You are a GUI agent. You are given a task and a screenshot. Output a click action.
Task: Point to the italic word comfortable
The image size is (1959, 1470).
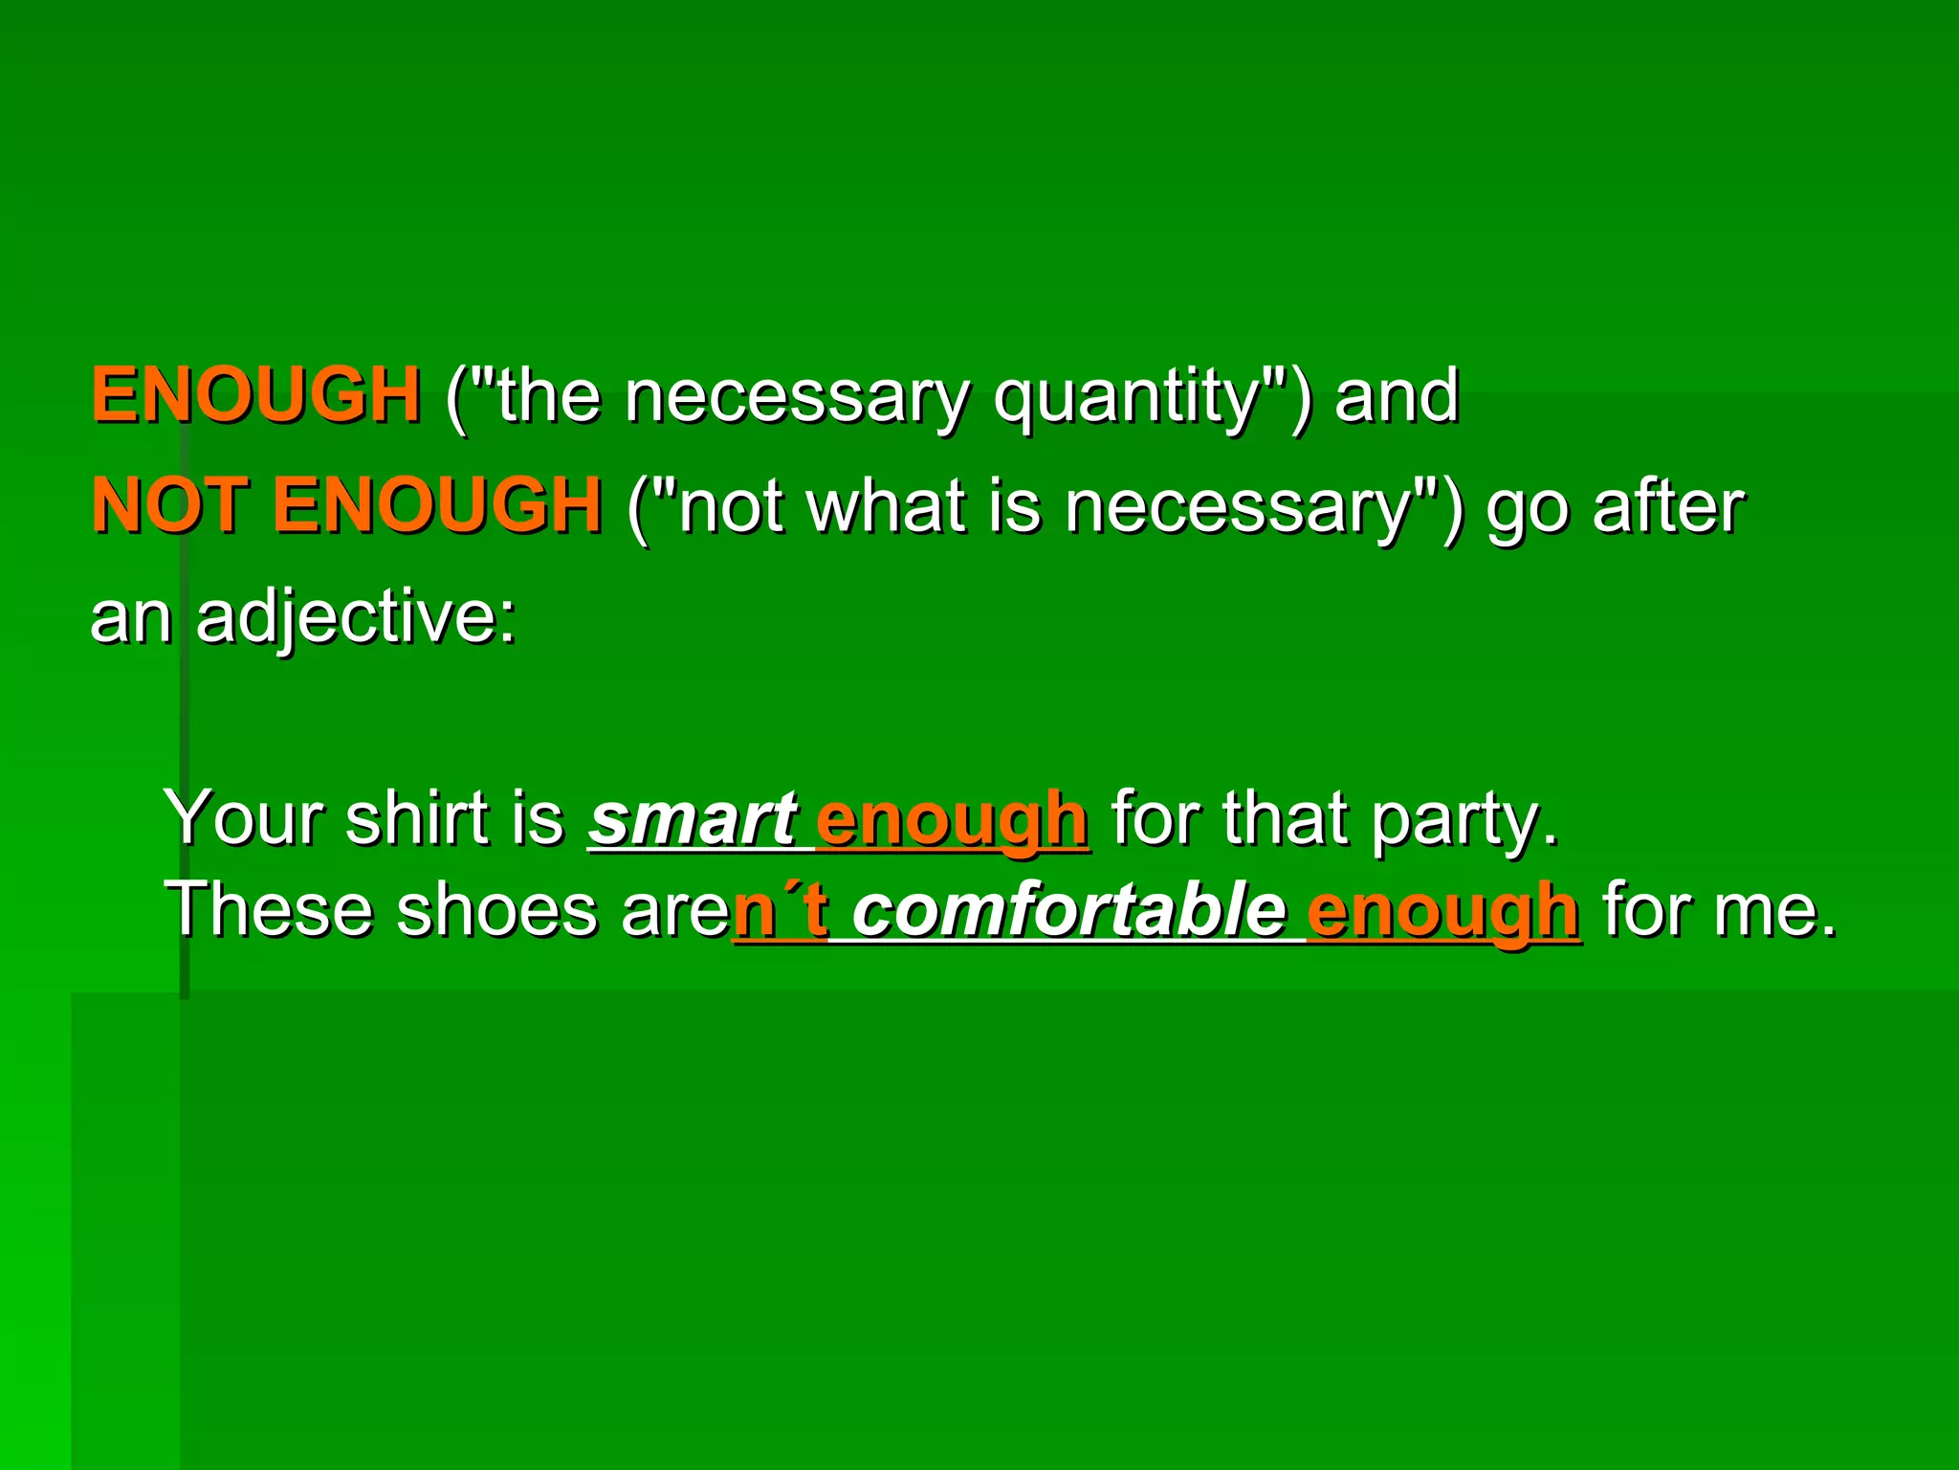tap(1068, 910)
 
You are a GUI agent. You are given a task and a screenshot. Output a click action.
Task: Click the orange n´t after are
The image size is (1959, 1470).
tap(780, 910)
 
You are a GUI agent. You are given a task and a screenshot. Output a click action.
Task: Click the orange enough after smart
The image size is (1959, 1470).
tap(951, 821)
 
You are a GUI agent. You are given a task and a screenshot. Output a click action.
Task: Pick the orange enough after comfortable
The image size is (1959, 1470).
tap(1442, 912)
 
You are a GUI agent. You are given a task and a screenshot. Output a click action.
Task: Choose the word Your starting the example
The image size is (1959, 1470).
tap(245, 819)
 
